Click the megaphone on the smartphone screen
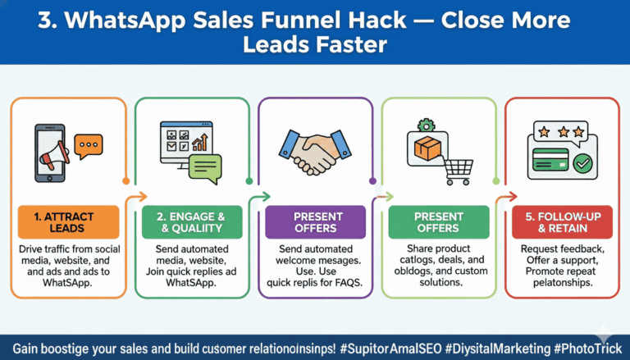[48, 153]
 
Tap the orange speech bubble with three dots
[88, 145]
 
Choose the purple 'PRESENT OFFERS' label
[314, 222]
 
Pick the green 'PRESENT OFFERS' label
[439, 222]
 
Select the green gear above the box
[425, 125]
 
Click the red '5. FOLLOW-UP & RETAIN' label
[560, 222]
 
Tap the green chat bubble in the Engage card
[205, 166]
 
